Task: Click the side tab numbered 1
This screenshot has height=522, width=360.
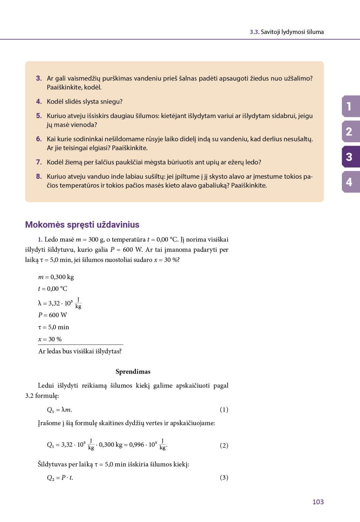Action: (350, 106)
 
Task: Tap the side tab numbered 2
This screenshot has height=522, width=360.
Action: (350, 131)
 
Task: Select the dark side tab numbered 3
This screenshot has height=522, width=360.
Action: (350, 157)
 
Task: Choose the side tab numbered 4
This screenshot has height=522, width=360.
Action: (350, 182)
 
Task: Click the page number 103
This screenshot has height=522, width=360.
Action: (318, 502)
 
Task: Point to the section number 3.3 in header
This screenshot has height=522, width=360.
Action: (254, 32)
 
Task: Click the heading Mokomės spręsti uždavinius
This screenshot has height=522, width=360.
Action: (82, 224)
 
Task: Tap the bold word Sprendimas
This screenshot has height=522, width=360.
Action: (133, 372)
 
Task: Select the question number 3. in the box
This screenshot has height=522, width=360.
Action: (39, 78)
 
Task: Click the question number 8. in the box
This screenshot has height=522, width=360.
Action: (39, 176)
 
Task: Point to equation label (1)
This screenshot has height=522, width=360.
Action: (224, 410)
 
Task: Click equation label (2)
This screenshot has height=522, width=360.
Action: (224, 445)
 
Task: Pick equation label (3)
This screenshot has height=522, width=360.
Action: (224, 478)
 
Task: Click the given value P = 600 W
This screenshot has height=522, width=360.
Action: (53, 315)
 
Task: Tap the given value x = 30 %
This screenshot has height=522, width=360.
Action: (50, 339)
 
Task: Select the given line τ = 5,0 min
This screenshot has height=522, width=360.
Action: (54, 327)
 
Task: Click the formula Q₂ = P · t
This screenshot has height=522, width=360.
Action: (60, 478)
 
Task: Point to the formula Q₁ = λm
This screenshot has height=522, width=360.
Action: (59, 410)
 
